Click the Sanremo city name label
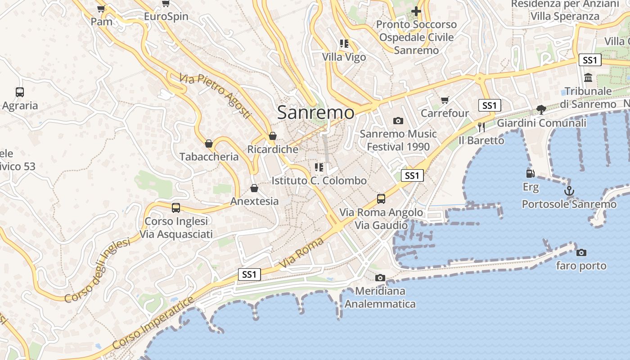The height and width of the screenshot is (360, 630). point(315,112)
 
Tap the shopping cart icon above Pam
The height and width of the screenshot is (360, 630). point(101,9)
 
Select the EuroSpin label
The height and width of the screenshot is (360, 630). point(166,17)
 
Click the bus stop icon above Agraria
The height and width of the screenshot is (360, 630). point(20,92)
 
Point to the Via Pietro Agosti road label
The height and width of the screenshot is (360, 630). point(215,96)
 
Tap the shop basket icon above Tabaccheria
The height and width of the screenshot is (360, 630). point(209,144)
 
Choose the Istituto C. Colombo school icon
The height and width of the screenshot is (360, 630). point(319,167)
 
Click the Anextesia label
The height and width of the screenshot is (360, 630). point(254,201)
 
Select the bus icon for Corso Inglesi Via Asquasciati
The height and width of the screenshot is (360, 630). point(176,208)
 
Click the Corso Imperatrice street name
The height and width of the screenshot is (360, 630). point(153,323)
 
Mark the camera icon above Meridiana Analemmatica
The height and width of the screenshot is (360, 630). point(380,278)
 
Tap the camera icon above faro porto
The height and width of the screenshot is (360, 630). point(581,252)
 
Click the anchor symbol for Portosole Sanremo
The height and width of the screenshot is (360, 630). point(569,191)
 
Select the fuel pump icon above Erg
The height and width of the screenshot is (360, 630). point(531,173)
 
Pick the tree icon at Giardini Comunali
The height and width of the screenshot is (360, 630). point(541,109)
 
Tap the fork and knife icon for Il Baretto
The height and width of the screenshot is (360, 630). point(481,127)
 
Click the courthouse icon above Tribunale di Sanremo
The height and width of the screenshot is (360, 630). point(588,78)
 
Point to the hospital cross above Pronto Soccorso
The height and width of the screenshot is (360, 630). point(416,11)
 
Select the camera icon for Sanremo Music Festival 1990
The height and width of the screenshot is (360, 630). point(398,121)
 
